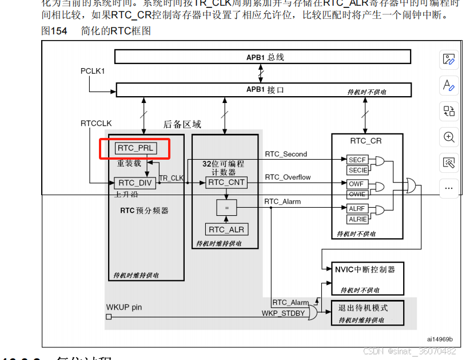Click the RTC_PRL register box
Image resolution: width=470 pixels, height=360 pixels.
tap(135, 148)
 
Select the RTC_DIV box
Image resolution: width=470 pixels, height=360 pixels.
tap(135, 183)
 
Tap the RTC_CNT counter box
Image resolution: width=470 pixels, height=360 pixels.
tap(226, 183)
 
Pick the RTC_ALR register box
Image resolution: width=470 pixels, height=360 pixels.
tap(226, 230)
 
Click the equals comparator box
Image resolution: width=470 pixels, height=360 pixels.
tap(226, 208)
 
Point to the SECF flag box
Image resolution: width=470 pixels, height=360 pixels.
tap(357, 160)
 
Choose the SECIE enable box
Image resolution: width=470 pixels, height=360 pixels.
tap(357, 170)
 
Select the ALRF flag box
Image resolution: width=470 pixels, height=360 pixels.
tap(357, 209)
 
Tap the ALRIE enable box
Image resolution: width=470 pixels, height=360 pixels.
tap(357, 219)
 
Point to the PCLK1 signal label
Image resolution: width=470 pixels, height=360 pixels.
tap(93, 71)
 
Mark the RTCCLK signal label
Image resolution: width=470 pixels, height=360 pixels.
tap(96, 124)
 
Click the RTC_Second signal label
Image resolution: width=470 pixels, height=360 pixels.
tap(286, 155)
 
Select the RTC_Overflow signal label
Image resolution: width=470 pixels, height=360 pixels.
tap(288, 177)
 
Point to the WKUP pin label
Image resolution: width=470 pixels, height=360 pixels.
tap(124, 307)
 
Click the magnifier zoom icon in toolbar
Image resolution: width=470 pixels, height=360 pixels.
tap(449, 137)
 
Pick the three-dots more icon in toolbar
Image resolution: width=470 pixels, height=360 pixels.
tap(449, 187)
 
